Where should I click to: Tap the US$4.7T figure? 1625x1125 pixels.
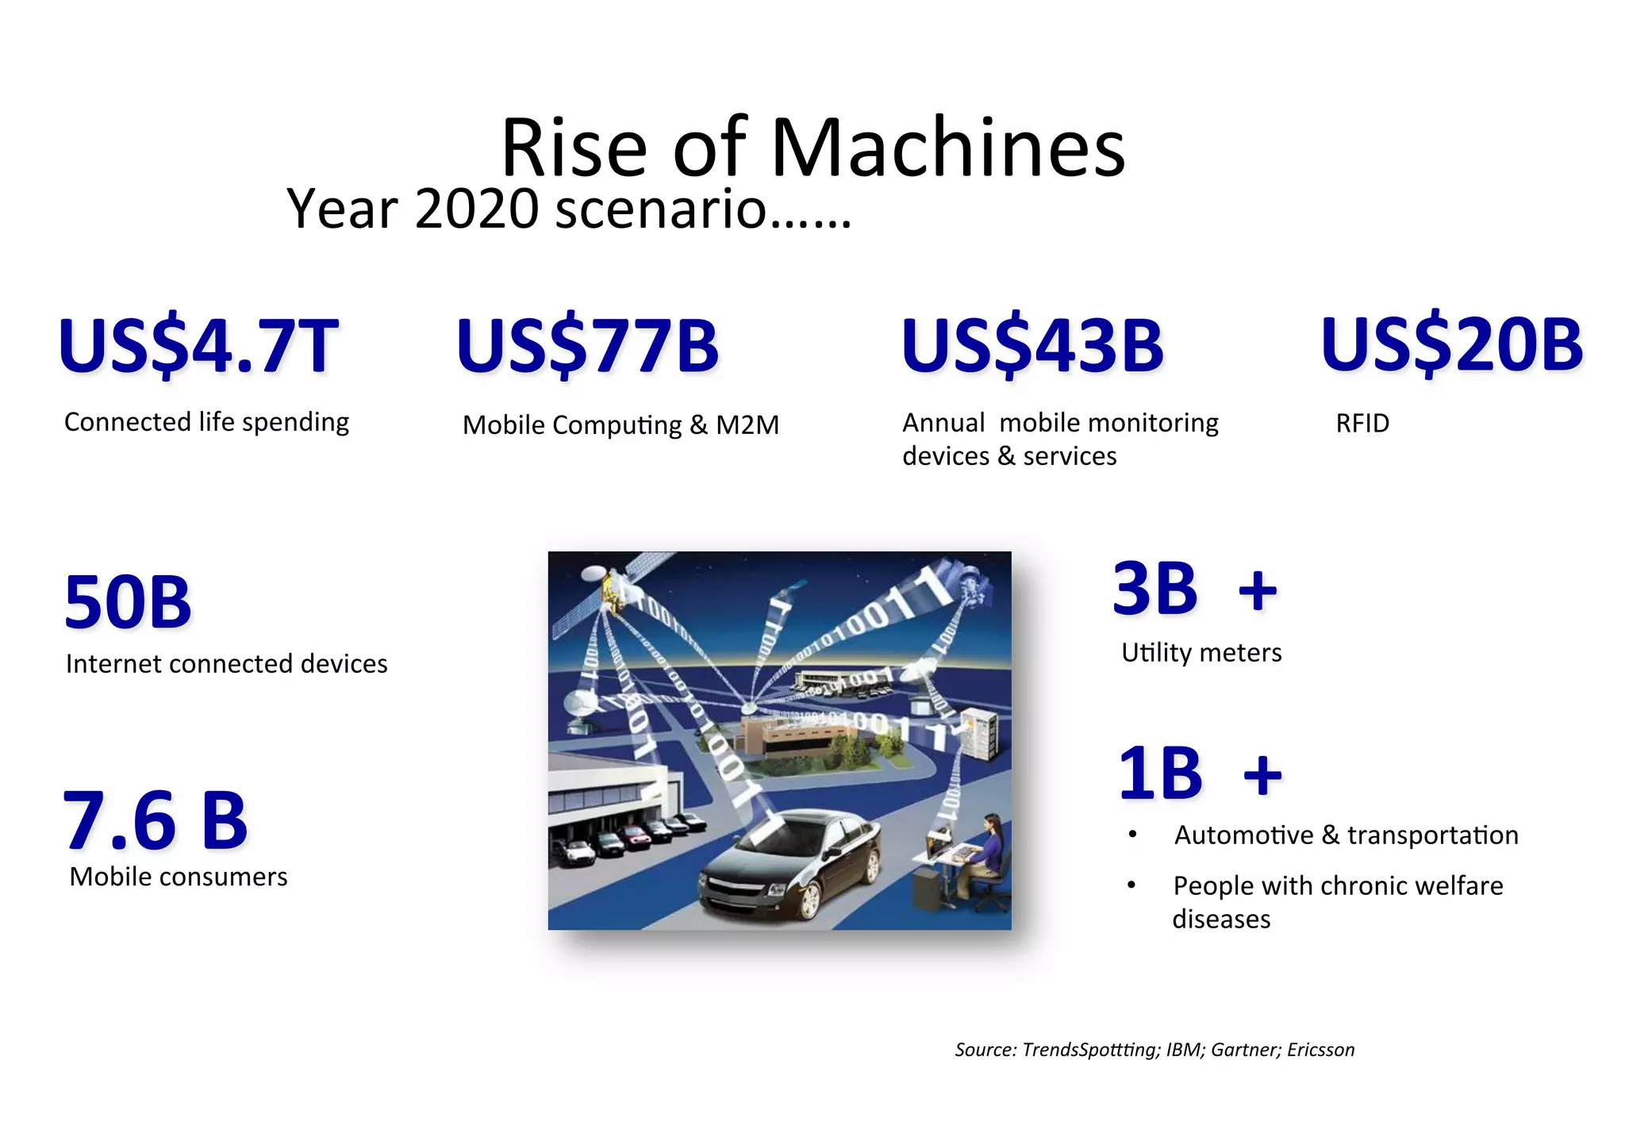pyautogui.click(x=198, y=346)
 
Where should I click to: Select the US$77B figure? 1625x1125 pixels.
pyautogui.click(x=587, y=346)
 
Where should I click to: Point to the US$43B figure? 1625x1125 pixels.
pyautogui.click(x=1032, y=346)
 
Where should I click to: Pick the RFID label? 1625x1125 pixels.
pyautogui.click(x=1362, y=424)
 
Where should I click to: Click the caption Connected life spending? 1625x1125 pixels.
pyautogui.click(x=206, y=422)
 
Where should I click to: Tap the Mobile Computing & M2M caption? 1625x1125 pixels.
pyautogui.click(x=620, y=425)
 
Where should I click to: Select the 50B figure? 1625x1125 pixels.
pyautogui.click(x=128, y=602)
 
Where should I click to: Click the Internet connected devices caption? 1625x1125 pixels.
pyautogui.click(x=226, y=663)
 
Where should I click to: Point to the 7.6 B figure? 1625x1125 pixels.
pyautogui.click(x=156, y=820)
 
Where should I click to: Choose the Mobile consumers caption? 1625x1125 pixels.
pyautogui.click(x=178, y=877)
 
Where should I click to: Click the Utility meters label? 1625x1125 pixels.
pyautogui.click(x=1201, y=652)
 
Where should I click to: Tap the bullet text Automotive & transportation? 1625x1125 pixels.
pyautogui.click(x=1346, y=835)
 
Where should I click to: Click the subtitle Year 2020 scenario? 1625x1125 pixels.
pyautogui.click(x=568, y=209)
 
